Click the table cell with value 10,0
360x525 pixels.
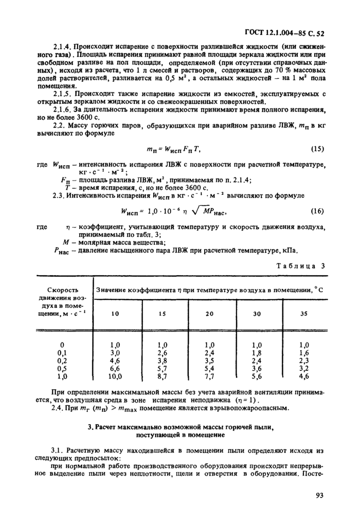[115, 377]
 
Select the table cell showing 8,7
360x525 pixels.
[163, 377]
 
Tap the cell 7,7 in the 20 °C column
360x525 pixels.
[209, 377]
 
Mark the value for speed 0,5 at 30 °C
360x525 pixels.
[256, 369]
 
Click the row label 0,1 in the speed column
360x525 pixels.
[62, 353]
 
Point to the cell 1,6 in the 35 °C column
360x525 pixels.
[303, 353]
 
